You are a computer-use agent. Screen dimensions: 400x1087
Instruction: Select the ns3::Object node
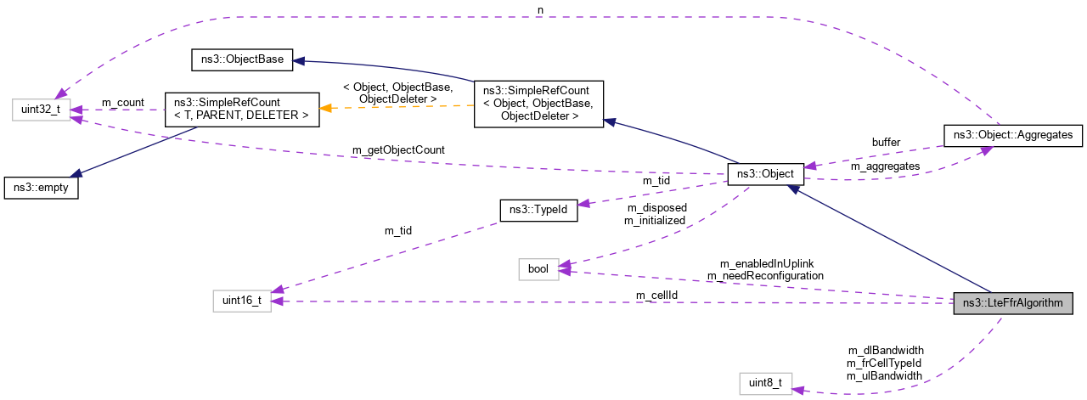(765, 174)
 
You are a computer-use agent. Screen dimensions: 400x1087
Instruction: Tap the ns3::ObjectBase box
(240, 60)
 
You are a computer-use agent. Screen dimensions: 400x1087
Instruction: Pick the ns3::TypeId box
(538, 211)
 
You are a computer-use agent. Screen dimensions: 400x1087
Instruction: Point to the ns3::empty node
(41, 188)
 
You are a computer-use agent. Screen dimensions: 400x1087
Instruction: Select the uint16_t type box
(242, 301)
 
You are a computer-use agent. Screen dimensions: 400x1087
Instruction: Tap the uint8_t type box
(765, 383)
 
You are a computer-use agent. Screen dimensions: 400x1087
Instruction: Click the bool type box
(538, 269)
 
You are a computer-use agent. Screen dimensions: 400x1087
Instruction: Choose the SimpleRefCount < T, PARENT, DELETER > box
(240, 109)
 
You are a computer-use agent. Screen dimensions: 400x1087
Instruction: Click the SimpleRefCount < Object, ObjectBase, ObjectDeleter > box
(538, 104)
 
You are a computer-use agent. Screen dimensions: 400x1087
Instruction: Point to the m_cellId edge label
(656, 295)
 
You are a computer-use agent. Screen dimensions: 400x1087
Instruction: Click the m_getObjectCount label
(398, 150)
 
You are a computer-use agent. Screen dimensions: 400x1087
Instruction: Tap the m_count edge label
(122, 103)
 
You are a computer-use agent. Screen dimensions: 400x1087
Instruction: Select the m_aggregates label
(885, 166)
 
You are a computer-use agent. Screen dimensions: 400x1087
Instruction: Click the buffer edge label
(885, 142)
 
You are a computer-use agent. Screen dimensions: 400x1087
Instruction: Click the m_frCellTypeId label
(884, 363)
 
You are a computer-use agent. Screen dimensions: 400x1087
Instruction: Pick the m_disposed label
(656, 208)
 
